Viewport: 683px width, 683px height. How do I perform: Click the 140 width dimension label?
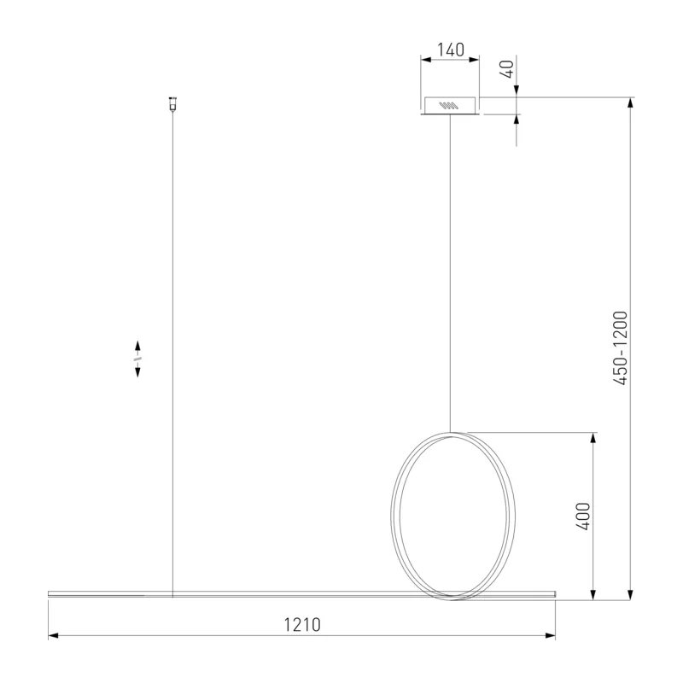click(x=451, y=50)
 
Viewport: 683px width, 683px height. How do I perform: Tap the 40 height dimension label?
click(x=507, y=69)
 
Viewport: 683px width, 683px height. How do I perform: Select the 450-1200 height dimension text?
click(x=621, y=348)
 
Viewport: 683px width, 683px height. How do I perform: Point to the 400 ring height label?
click(x=583, y=517)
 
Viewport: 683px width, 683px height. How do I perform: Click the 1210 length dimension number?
click(x=302, y=625)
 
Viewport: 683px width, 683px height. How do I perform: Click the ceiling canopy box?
click(x=451, y=106)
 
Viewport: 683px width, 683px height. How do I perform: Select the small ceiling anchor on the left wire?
click(x=172, y=103)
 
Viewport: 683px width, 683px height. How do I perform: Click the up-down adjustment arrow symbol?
click(x=137, y=359)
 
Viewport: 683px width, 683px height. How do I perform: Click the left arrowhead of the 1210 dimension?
click(x=53, y=635)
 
